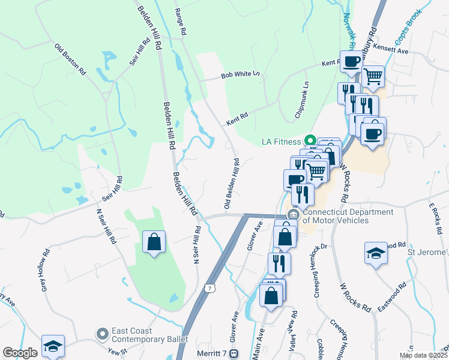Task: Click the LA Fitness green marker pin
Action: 310,142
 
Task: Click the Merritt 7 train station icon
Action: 236,354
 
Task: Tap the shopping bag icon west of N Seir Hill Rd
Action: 154,243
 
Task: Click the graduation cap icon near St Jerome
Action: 376,252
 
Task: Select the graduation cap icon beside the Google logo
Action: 53,346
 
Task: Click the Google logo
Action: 20,353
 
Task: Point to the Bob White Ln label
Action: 240,75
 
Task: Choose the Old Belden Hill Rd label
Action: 232,185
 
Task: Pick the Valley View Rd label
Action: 294,327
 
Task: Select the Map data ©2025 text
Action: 423,355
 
